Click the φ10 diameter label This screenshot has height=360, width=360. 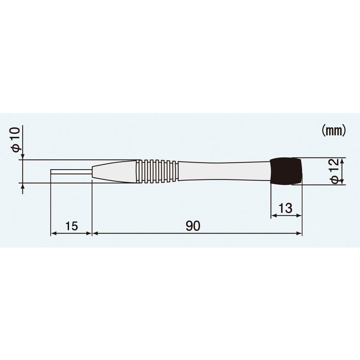(x=15, y=139)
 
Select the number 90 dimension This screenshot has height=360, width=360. (x=193, y=226)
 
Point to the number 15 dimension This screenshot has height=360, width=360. (x=71, y=226)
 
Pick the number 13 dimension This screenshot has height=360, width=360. (x=285, y=208)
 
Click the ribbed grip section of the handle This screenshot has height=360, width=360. (x=157, y=171)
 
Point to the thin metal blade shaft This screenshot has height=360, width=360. (x=71, y=171)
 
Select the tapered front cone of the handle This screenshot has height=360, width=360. (x=114, y=171)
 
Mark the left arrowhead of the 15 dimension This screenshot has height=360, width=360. (x=53, y=233)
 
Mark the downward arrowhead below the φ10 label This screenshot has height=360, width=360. (x=22, y=157)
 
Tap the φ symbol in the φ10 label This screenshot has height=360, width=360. (x=15, y=148)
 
